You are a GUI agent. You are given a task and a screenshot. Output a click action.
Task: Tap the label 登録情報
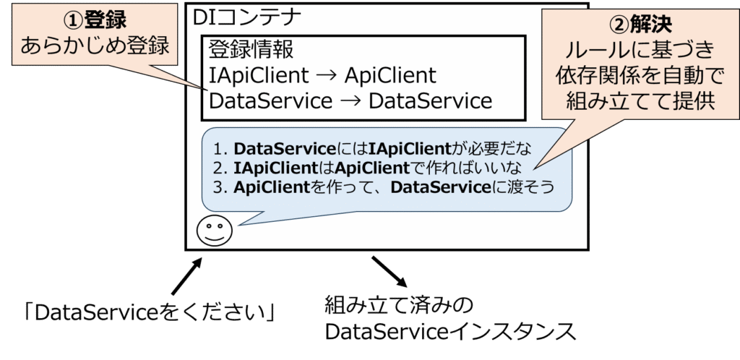click(251, 51)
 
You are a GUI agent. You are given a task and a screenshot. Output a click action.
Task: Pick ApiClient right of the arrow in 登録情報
click(390, 75)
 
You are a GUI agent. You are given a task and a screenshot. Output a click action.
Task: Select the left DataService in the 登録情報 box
click(270, 100)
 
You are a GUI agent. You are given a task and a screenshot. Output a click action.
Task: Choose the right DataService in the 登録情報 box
click(430, 100)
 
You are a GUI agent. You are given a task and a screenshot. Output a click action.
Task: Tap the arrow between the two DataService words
click(350, 100)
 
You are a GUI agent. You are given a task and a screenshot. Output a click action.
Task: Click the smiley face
click(213, 231)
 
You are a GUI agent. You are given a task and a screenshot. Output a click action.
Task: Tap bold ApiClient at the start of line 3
click(267, 187)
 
